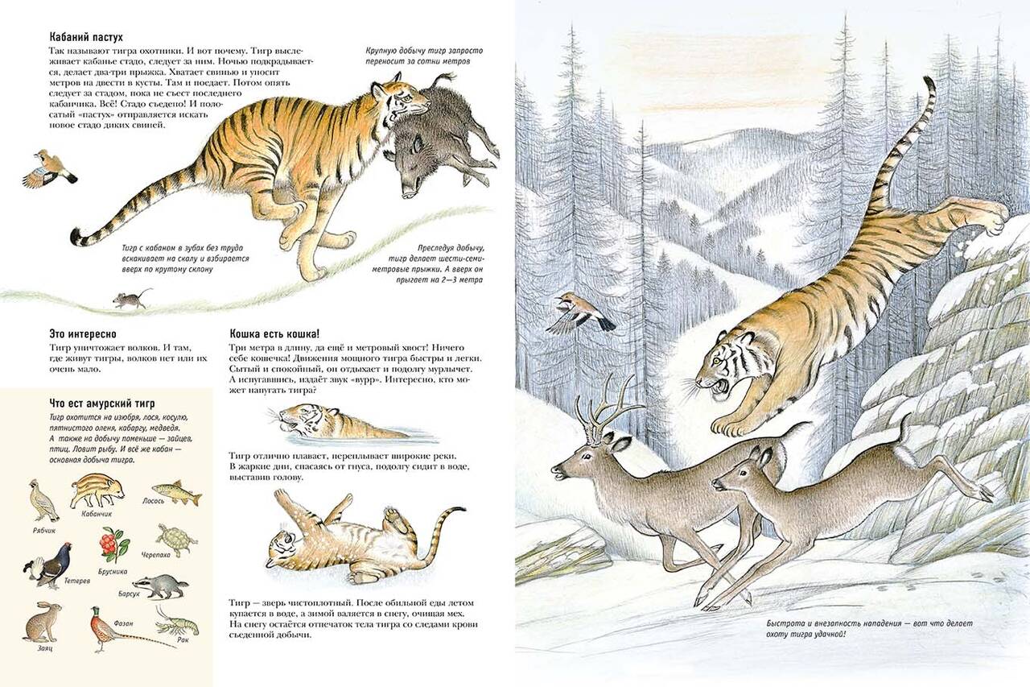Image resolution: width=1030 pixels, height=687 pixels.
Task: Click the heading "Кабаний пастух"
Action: (x=86, y=37)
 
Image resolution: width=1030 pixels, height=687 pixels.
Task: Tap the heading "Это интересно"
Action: (x=83, y=334)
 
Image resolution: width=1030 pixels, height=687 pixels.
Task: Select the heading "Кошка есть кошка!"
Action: (x=274, y=333)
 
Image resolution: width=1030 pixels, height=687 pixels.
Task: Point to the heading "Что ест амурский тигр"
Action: (x=102, y=404)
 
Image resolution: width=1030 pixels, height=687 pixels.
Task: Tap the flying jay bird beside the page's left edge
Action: (x=50, y=169)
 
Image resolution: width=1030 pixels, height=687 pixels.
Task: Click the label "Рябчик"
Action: (x=44, y=531)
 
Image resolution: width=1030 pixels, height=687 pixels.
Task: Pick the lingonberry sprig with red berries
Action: (x=112, y=546)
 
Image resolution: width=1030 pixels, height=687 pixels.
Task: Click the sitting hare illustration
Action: (x=43, y=622)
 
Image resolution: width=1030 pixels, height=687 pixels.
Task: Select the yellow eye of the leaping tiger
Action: (x=715, y=361)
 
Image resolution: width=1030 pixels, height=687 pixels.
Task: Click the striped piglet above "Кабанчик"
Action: (x=97, y=492)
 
